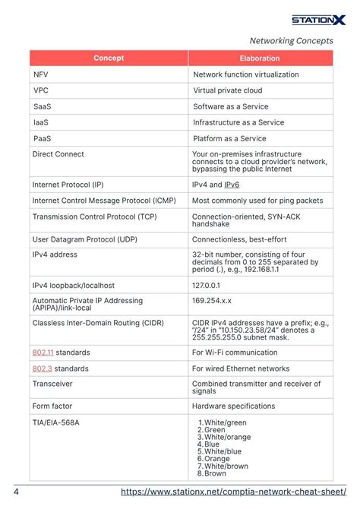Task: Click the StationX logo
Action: pyautogui.click(x=318, y=20)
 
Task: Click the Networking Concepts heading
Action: pyautogui.click(x=292, y=41)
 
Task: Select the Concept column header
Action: pyautogui.click(x=109, y=58)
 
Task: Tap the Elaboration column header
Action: pyautogui.click(x=260, y=58)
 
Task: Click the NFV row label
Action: pyautogui.click(x=41, y=74)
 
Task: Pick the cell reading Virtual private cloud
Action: pyautogui.click(x=228, y=90)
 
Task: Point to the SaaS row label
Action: pyautogui.click(x=43, y=106)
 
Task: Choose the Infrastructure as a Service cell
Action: pyautogui.click(x=238, y=122)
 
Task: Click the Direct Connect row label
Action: pyautogui.click(x=58, y=154)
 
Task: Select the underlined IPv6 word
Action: pyautogui.click(x=232, y=185)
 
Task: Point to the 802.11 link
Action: pyautogui.click(x=43, y=353)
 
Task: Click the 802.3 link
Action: pyautogui.click(x=42, y=368)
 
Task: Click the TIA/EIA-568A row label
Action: pyautogui.click(x=55, y=422)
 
